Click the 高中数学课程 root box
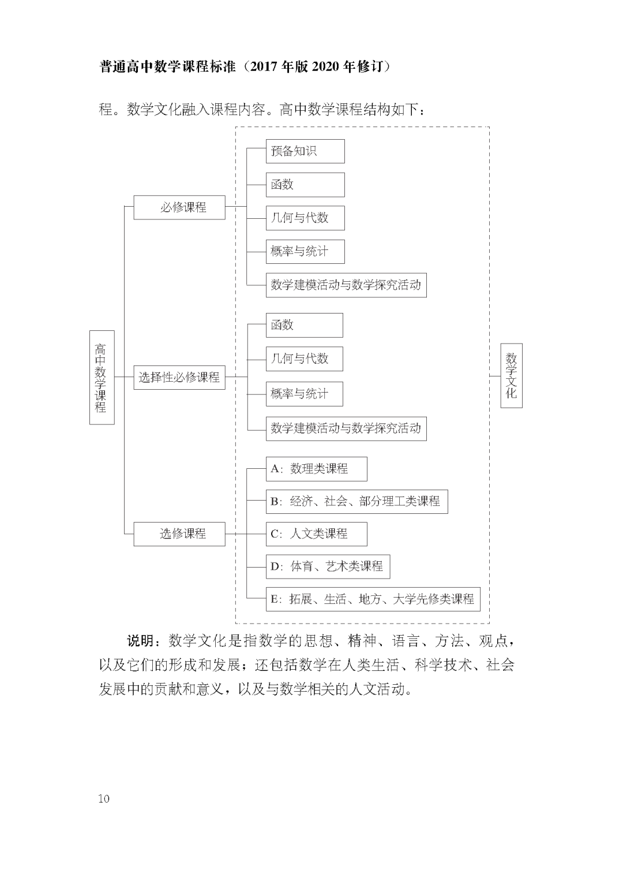(102, 377)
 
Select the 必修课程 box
(179, 207)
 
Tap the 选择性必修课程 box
(179, 377)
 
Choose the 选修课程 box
(179, 533)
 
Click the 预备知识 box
(305, 151)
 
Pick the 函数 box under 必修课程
(305, 185)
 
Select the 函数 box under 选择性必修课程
(304, 325)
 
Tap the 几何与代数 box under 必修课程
(305, 218)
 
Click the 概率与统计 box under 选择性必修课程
(304, 394)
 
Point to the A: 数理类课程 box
(316, 469)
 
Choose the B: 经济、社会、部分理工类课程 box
(356, 501)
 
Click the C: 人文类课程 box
(316, 533)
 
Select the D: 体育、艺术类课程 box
(328, 566)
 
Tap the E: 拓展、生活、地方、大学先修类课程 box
(373, 599)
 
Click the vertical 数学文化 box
(511, 375)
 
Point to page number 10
(104, 799)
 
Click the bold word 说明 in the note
(140, 641)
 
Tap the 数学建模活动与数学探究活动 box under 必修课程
(346, 285)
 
